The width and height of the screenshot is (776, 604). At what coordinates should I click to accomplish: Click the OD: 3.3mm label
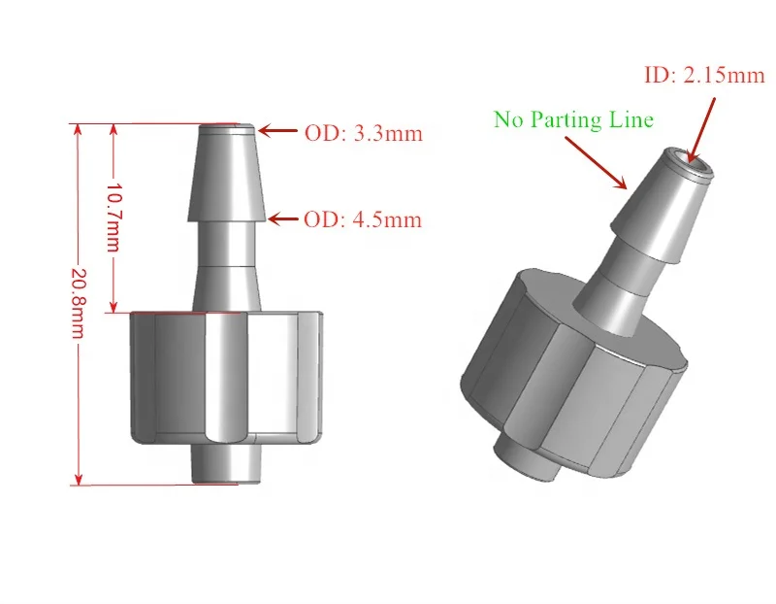coord(364,134)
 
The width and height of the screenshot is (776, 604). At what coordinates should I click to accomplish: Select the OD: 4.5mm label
coord(364,219)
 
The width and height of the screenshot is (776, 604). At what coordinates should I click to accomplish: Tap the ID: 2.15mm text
coord(704,75)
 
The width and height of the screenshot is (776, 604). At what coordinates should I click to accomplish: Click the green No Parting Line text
coord(573,119)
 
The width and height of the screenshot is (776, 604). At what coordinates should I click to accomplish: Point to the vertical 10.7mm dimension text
coord(113,217)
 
